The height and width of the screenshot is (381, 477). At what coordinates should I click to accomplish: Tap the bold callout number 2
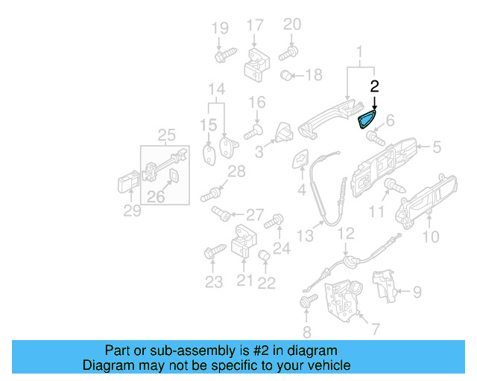click(x=375, y=87)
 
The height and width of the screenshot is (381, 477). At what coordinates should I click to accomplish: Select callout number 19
click(x=220, y=29)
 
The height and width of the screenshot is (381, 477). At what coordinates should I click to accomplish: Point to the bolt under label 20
click(x=288, y=53)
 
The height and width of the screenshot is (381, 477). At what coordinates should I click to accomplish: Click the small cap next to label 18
click(x=285, y=75)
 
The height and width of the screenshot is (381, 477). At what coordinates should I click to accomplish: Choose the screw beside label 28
click(x=212, y=195)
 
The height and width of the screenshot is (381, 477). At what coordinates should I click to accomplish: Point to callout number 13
click(x=305, y=236)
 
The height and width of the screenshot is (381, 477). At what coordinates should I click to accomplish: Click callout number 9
click(x=417, y=291)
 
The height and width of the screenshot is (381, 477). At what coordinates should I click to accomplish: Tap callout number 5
click(x=436, y=147)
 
